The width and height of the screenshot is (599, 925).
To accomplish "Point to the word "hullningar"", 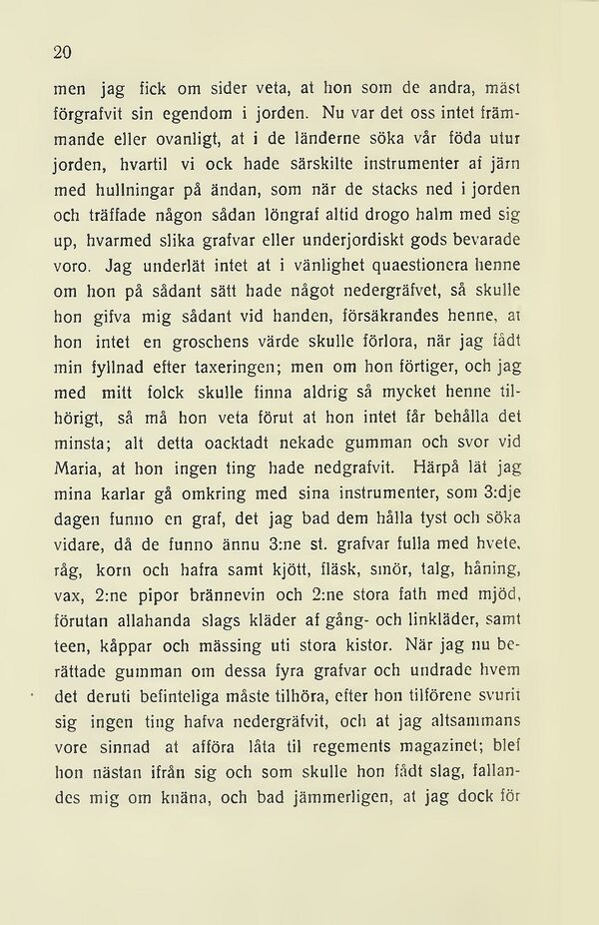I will (140, 189).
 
